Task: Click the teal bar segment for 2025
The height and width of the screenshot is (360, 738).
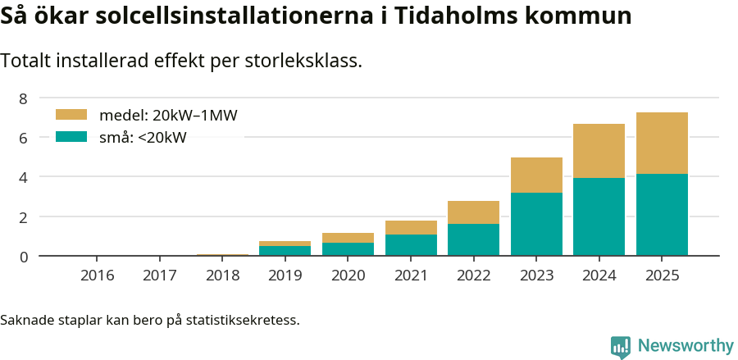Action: pyautogui.click(x=662, y=215)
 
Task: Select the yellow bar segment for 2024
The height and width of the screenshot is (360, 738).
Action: pyautogui.click(x=599, y=151)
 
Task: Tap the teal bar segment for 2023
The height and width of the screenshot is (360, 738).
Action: pyautogui.click(x=536, y=224)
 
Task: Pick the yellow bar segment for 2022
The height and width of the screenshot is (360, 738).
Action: pyautogui.click(x=473, y=212)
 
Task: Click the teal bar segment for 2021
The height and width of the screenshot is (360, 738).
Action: pyautogui.click(x=411, y=245)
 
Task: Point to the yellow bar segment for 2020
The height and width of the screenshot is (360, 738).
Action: pyautogui.click(x=348, y=238)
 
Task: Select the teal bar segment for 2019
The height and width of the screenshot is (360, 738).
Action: pyautogui.click(x=285, y=251)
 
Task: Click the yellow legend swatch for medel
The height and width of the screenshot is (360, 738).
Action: pyautogui.click(x=71, y=115)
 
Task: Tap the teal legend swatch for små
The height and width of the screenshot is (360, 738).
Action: pyautogui.click(x=71, y=137)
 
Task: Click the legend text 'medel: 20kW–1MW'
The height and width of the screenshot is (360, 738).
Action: pyautogui.click(x=168, y=115)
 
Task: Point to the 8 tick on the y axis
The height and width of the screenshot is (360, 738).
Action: pyautogui.click(x=24, y=98)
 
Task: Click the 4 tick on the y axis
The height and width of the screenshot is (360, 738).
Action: pyautogui.click(x=24, y=177)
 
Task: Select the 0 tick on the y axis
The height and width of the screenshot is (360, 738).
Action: pyautogui.click(x=24, y=257)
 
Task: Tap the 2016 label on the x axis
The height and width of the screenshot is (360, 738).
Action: pyautogui.click(x=97, y=275)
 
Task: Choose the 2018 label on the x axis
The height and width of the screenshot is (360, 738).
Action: pyautogui.click(x=222, y=275)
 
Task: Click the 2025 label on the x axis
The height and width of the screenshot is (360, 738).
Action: pyautogui.click(x=662, y=275)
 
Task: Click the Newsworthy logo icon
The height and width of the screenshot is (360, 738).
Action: pyautogui.click(x=621, y=346)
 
